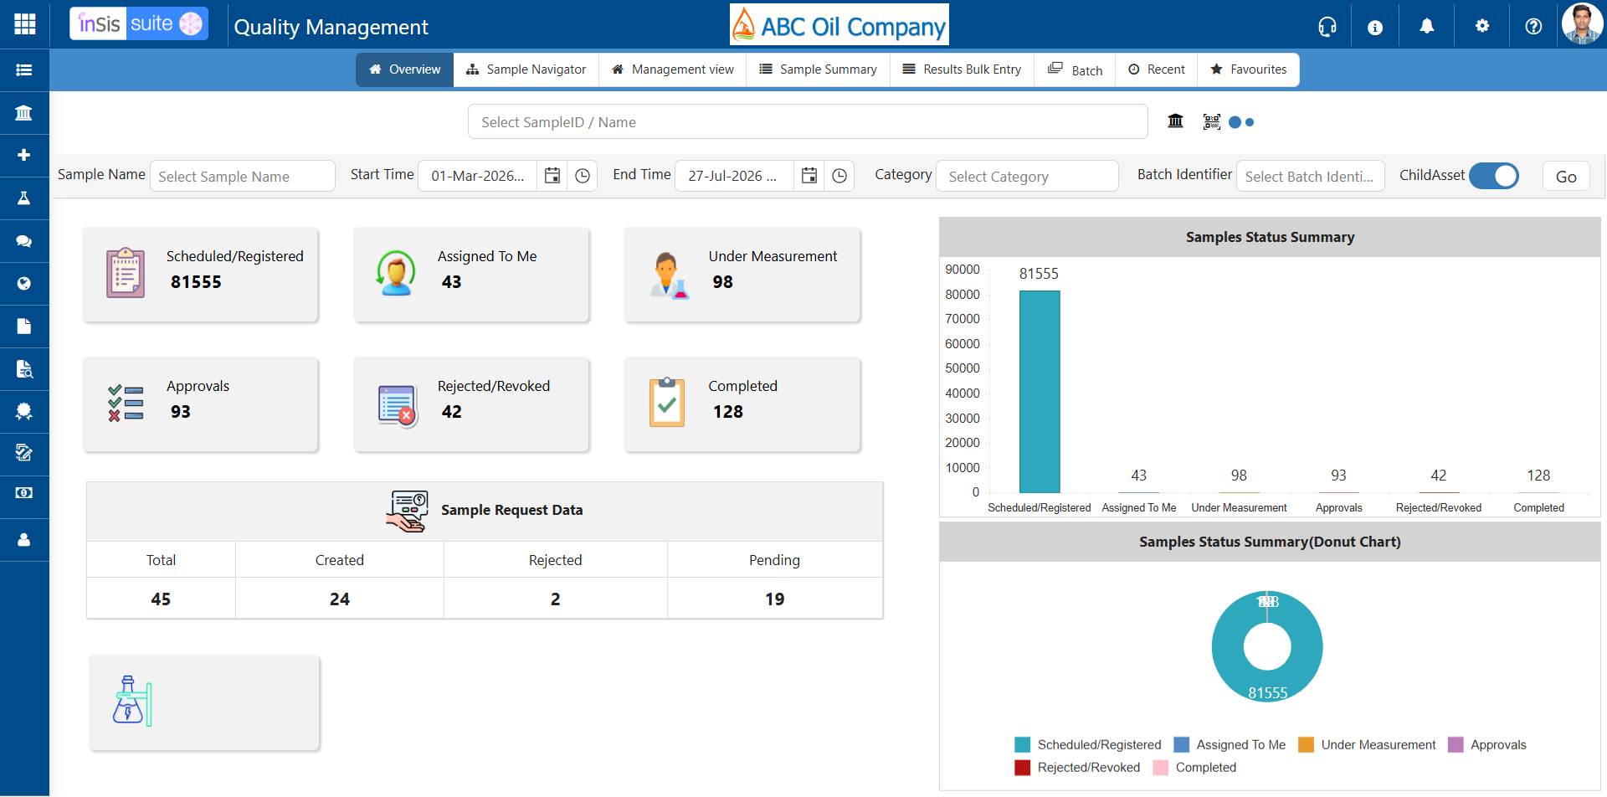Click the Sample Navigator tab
pos(526,69)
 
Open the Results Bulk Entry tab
pos(962,69)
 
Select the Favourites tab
pos(1248,69)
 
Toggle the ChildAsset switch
pos(1494,176)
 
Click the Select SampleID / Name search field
pos(808,122)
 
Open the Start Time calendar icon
pos(552,176)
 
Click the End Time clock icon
pos(839,176)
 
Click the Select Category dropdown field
pos(1027,177)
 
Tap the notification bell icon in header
pos(1427,27)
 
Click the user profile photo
pos(1582,23)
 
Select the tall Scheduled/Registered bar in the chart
pos(1040,392)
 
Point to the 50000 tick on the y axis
pos(963,368)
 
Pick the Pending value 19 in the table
pos(775,599)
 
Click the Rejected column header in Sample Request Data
pos(556,560)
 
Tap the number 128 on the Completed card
pos(728,412)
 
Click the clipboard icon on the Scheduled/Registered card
pos(126,273)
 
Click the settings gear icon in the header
pos(1482,26)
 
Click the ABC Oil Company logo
pos(839,24)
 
